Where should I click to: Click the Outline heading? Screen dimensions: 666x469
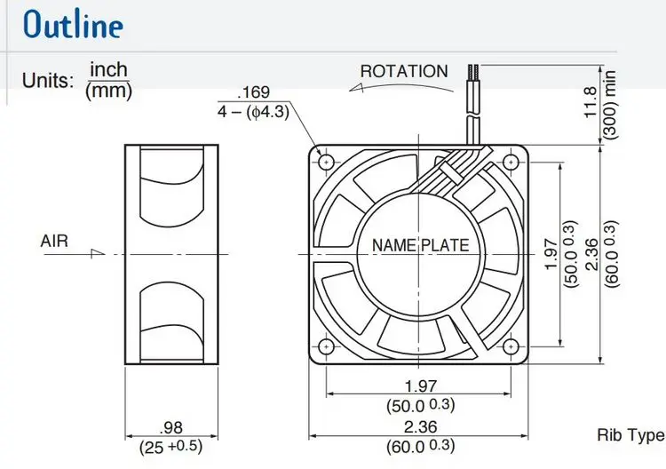click(73, 24)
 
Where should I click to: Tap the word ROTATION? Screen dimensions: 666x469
click(404, 71)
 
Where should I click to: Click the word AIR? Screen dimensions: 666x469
click(54, 241)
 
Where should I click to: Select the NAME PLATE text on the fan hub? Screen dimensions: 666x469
click(421, 245)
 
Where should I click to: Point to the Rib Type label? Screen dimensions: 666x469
click(630, 435)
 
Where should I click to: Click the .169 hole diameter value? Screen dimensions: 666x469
click(254, 91)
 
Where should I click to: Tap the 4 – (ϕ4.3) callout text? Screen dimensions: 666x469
click(254, 112)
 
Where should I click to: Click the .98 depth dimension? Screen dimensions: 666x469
click(170, 427)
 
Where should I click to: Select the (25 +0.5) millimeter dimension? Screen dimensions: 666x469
click(170, 447)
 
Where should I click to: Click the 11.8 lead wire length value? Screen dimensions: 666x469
click(591, 102)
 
